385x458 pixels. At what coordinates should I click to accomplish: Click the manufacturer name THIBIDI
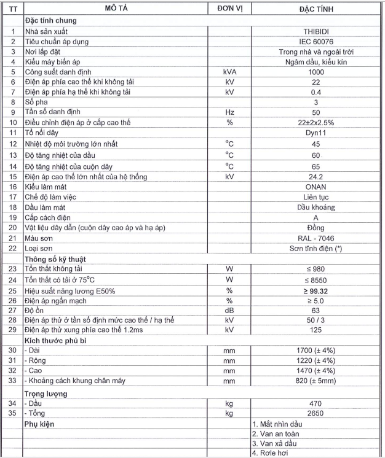(316, 30)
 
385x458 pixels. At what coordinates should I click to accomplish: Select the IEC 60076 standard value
(316, 41)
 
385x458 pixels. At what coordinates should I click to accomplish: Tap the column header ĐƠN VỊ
(230, 9)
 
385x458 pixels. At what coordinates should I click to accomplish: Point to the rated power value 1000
(316, 72)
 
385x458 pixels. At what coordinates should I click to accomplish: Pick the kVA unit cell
(230, 72)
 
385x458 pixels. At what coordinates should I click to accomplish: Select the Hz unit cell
(230, 113)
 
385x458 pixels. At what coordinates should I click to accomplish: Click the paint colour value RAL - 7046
(316, 238)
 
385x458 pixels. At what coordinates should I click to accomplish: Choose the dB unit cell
(230, 311)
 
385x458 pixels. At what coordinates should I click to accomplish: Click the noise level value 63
(316, 311)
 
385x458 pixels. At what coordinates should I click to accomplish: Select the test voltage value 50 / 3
(316, 321)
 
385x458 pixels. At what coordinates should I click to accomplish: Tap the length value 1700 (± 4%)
(316, 351)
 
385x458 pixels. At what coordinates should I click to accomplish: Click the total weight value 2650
(316, 414)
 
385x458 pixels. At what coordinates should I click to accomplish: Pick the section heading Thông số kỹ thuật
(57, 260)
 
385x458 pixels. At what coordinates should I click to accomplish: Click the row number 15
(12, 176)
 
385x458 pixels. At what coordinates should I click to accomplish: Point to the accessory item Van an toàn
(277, 434)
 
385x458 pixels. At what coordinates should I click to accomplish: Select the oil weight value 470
(316, 404)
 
